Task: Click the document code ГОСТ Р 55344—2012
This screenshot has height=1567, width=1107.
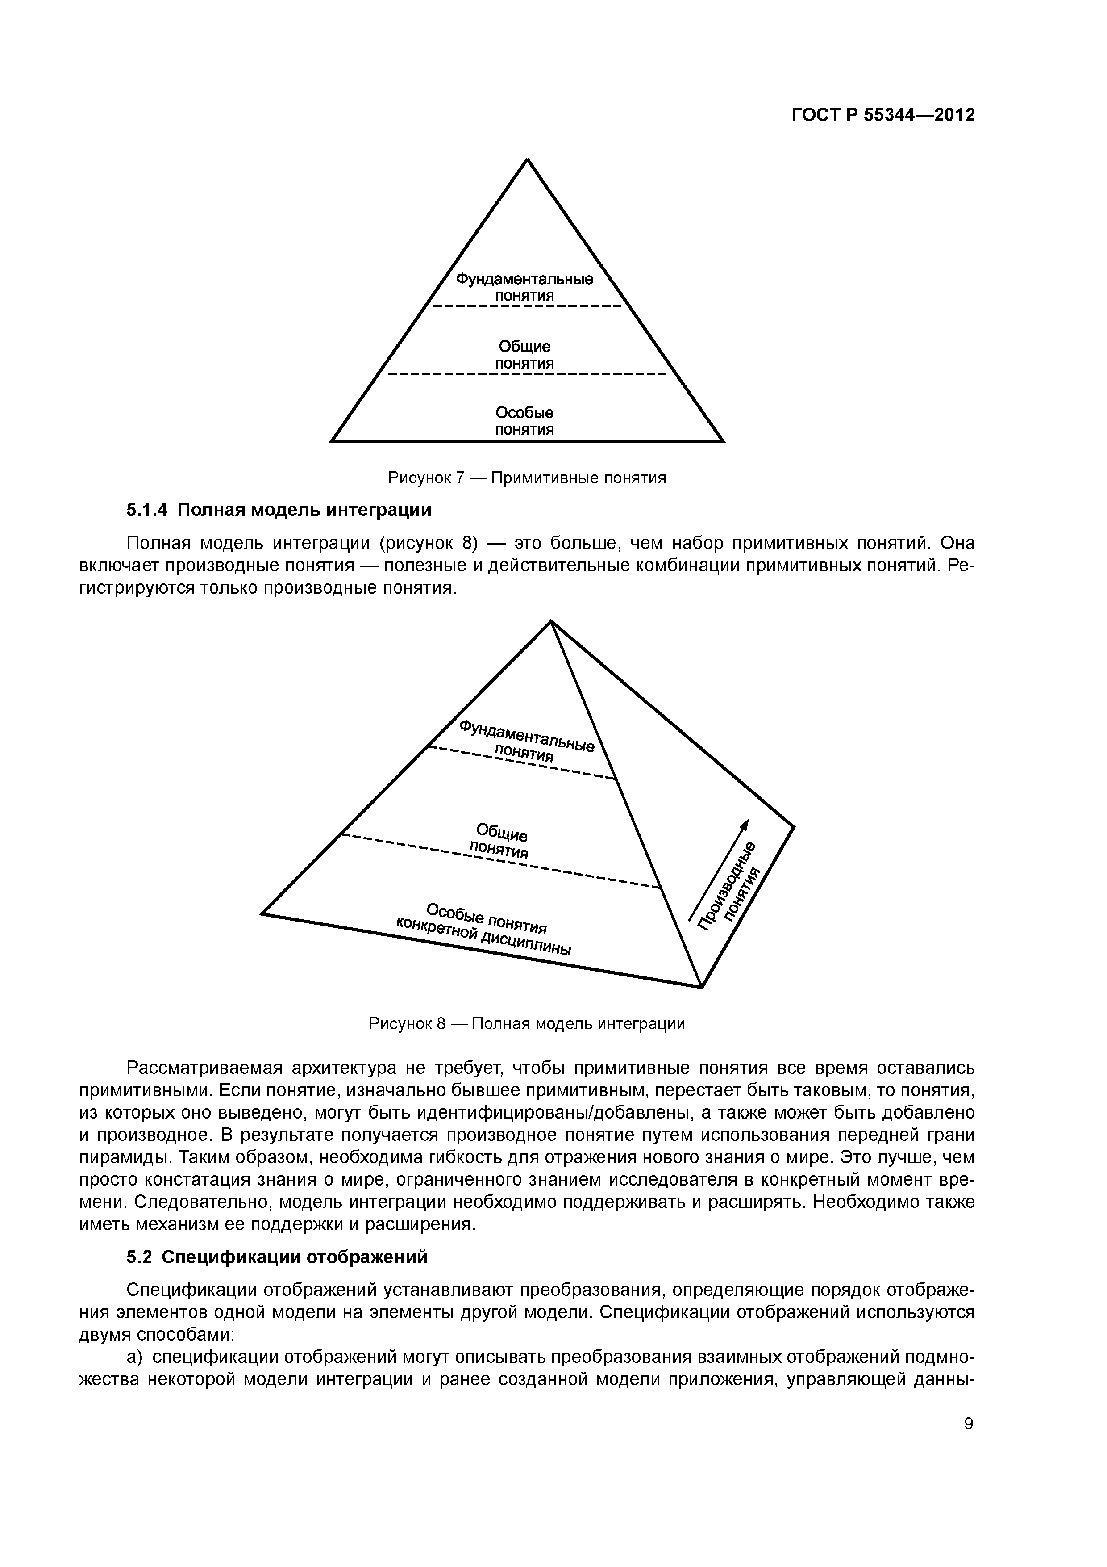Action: click(x=883, y=115)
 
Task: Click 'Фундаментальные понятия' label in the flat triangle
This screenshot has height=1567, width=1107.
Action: click(x=524, y=287)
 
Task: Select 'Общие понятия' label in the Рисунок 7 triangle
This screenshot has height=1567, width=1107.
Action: click(x=524, y=355)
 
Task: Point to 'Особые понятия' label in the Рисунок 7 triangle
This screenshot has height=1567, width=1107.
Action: click(x=524, y=421)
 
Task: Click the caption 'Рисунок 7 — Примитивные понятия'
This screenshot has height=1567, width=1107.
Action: click(x=527, y=478)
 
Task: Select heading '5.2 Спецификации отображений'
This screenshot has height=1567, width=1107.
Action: click(x=277, y=1257)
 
